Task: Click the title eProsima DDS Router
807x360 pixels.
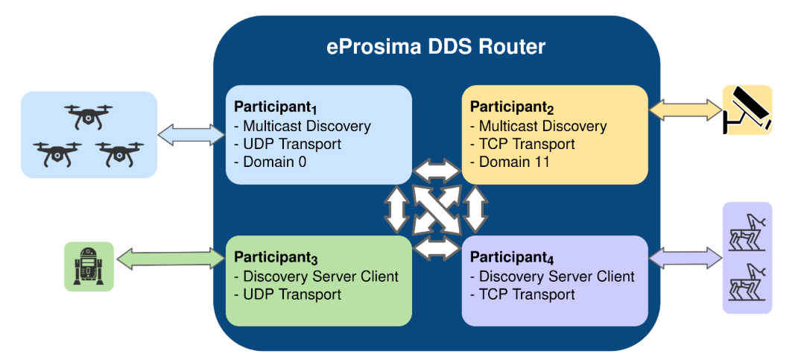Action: (436, 47)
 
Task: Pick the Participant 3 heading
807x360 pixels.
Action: (276, 258)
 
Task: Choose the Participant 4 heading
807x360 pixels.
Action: (512, 258)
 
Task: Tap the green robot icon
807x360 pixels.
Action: (89, 266)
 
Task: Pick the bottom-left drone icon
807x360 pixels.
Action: (57, 154)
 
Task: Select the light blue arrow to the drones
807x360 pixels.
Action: (192, 135)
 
